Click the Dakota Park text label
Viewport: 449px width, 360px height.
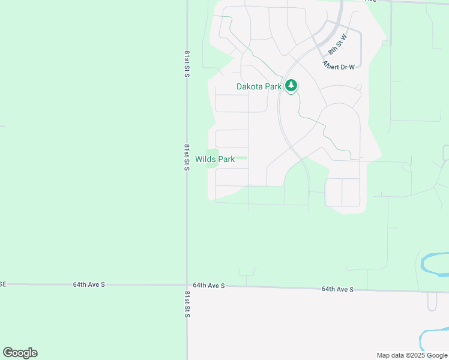tap(259, 86)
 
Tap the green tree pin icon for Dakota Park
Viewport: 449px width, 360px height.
tap(291, 86)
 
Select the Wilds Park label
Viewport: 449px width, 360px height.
tap(215, 160)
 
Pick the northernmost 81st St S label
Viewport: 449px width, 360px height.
tap(187, 64)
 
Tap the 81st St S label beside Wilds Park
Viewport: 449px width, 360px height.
tap(187, 157)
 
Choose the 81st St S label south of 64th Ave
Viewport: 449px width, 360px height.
tap(187, 304)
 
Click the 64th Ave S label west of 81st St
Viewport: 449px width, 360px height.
tap(89, 284)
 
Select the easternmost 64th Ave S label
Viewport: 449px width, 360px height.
tap(337, 289)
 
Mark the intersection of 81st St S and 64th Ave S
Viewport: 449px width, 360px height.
tap(187, 285)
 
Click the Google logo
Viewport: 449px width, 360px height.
tap(20, 353)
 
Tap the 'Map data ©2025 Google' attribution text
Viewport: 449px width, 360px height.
tap(412, 355)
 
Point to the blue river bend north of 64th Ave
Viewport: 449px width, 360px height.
tap(433, 262)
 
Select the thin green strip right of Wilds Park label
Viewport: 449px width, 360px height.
tap(241, 158)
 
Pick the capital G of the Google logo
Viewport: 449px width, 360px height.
tap(8, 353)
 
